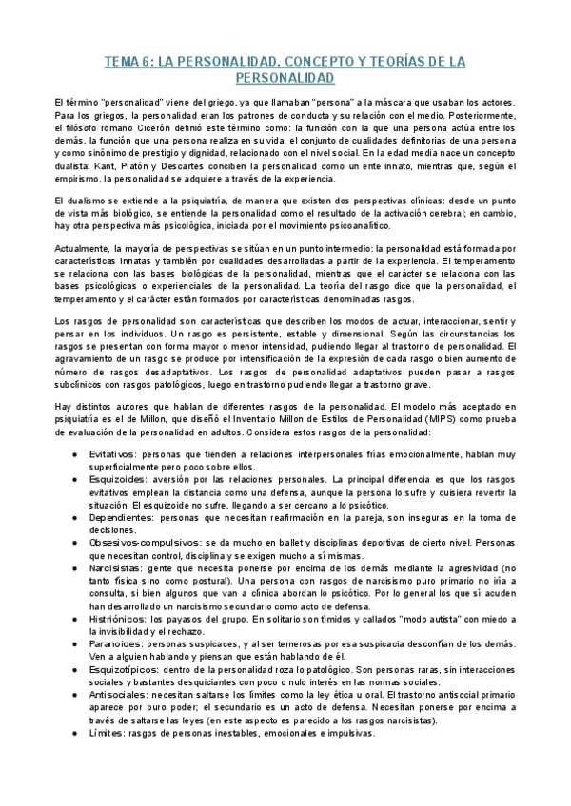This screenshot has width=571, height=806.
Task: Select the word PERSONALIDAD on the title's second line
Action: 285,77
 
